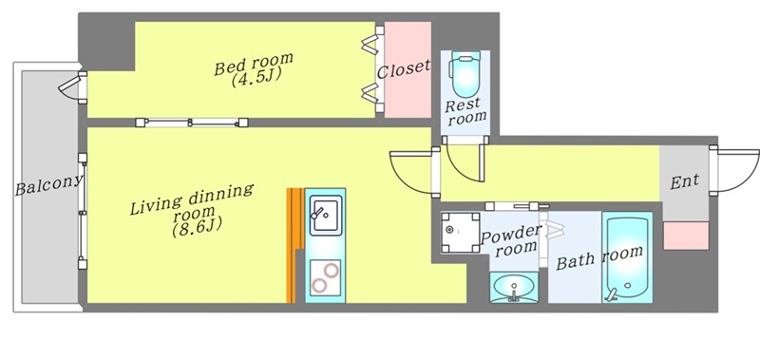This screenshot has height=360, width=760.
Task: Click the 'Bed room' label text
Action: [254, 64]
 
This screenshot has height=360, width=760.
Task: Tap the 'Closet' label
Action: [403, 69]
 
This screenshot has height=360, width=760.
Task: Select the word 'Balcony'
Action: [49, 184]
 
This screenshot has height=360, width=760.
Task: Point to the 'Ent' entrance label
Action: [685, 181]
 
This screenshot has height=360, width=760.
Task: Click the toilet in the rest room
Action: [465, 74]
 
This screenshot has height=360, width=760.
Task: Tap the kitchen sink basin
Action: [326, 215]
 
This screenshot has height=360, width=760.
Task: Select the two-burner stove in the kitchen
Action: [325, 276]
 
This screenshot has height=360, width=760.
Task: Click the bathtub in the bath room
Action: [626, 258]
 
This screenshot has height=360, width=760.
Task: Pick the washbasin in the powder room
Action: [514, 287]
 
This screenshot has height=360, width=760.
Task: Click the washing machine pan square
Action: [460, 232]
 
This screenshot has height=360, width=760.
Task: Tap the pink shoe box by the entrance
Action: [686, 236]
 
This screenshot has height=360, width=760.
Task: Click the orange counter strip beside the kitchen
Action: [292, 245]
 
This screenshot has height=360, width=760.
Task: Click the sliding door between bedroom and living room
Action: [192, 123]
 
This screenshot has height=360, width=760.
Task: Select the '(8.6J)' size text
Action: [195, 227]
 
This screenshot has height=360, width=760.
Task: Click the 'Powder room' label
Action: [510, 239]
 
